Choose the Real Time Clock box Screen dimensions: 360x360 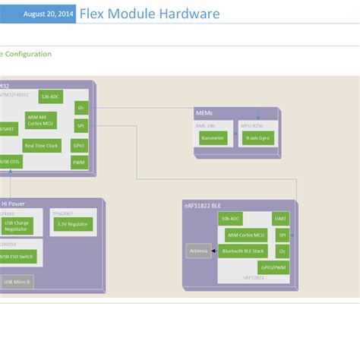coord(41,146)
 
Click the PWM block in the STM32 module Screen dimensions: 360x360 coord(80,163)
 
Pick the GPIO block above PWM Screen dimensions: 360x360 coord(80,144)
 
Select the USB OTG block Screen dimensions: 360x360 coord(11,161)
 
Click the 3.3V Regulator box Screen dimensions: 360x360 coord(74,224)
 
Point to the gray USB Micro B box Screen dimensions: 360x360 coord(17,282)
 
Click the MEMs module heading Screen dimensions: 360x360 coord(204,113)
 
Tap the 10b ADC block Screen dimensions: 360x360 coord(230,218)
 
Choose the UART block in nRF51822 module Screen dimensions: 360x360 coord(282,218)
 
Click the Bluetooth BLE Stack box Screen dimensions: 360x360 coord(243,251)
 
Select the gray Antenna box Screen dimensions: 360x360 coord(198,251)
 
